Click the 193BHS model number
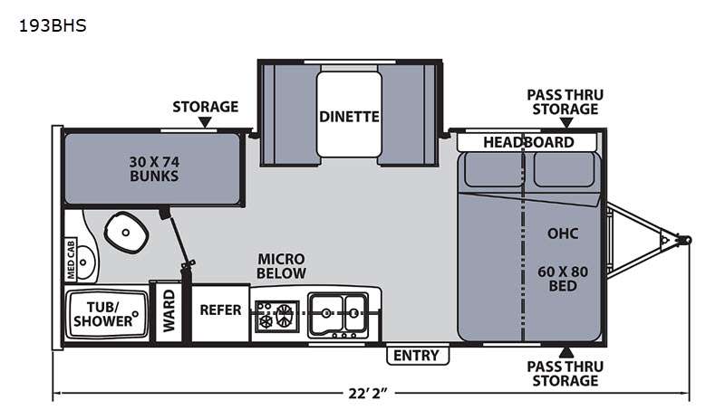click(x=53, y=26)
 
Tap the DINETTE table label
click(x=349, y=117)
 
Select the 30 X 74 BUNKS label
click(x=154, y=169)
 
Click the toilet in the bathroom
click(x=126, y=233)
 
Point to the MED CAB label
click(x=71, y=260)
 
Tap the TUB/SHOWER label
click(x=103, y=314)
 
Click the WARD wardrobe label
click(x=169, y=310)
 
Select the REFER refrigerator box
click(x=220, y=314)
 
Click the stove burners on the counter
click(x=277, y=316)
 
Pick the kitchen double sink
click(x=338, y=314)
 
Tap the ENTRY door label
click(x=416, y=356)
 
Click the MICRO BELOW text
click(x=281, y=266)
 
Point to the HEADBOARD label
click(x=528, y=142)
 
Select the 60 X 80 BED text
click(x=563, y=279)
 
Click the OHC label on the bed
click(x=563, y=234)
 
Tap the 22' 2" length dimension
click(x=368, y=394)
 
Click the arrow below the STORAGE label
click(x=205, y=122)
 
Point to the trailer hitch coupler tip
click(x=688, y=240)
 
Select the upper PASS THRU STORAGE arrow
click(x=566, y=122)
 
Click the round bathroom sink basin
click(x=84, y=262)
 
